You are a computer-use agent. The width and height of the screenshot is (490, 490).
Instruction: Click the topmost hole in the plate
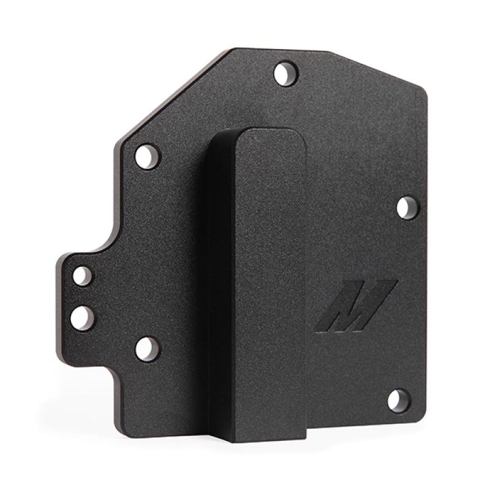pos(284,74)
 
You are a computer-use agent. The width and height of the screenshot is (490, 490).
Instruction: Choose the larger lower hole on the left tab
pos(81,317)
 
